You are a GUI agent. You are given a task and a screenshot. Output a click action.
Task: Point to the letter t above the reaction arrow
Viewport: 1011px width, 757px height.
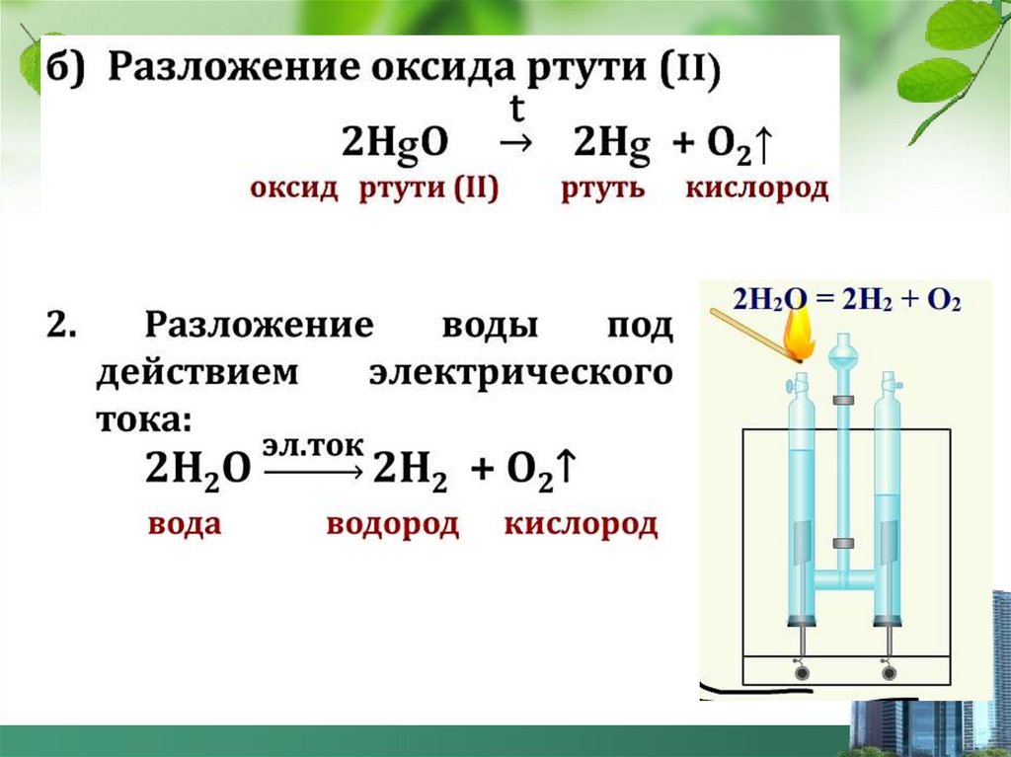pos(513,106)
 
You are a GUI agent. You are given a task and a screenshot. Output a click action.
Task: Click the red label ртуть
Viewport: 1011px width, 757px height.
pos(603,189)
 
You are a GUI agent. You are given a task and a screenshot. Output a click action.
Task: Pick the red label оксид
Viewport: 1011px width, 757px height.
pos(294,189)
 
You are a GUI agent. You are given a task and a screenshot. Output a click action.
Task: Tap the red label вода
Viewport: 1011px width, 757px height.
pos(185,524)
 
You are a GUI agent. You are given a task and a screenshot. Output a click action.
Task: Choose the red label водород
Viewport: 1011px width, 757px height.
pos(392,524)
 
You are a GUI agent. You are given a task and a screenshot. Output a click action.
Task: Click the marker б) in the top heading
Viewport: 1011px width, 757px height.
pos(66,70)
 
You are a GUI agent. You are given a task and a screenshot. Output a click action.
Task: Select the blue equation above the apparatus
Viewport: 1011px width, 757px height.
pos(846,299)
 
